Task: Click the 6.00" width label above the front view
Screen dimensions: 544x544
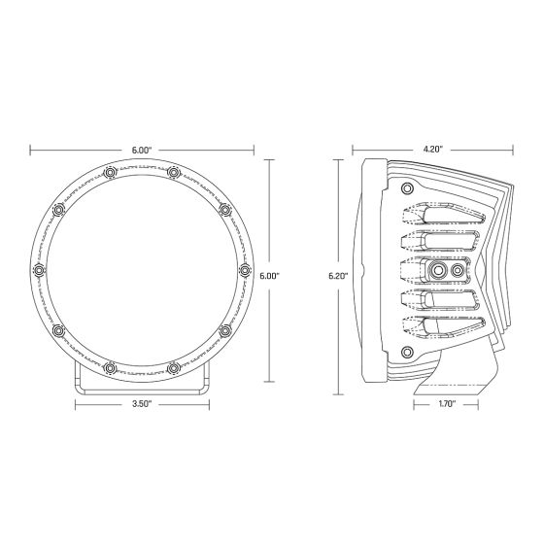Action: point(142,150)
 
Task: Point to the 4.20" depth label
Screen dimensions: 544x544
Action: point(432,150)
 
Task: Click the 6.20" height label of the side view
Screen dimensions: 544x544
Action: point(338,276)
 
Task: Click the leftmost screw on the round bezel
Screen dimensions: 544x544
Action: point(40,270)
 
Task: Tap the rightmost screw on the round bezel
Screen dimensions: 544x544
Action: point(244,270)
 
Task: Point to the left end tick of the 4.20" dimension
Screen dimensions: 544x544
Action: point(350,150)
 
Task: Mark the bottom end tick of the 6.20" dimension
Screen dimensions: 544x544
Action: point(338,394)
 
